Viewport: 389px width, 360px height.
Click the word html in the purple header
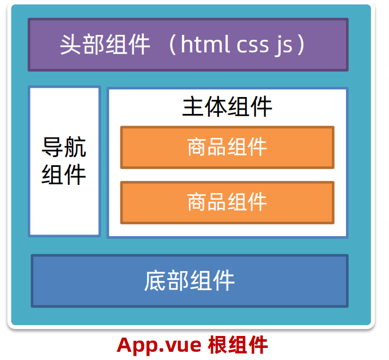(205, 45)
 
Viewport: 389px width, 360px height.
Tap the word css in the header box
(252, 45)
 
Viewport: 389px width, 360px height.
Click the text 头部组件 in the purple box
(105, 45)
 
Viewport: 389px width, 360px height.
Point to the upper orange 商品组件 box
(227, 147)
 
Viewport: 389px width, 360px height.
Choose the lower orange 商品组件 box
(227, 202)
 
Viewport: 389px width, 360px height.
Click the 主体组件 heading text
(227, 107)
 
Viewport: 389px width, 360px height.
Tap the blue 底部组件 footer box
(190, 281)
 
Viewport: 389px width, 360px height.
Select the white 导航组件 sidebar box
(64, 161)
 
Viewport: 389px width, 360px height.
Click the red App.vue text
(159, 345)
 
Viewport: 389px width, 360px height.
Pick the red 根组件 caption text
(238, 345)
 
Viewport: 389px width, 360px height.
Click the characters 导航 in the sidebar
(64, 147)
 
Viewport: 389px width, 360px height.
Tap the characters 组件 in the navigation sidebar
(64, 175)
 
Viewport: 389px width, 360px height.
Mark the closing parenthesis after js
(301, 45)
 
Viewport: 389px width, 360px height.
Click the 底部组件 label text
(190, 281)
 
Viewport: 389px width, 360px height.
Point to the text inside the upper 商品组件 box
(227, 147)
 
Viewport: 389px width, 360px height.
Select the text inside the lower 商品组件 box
(227, 202)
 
